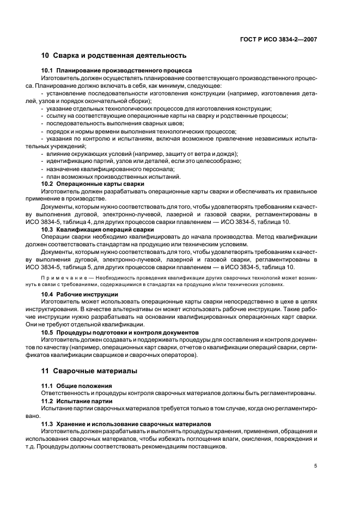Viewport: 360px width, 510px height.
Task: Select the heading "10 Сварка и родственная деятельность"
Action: (x=114, y=56)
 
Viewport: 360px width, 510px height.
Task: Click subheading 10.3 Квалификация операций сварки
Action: (x=97, y=230)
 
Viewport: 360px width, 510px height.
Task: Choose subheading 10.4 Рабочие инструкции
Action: (x=80, y=294)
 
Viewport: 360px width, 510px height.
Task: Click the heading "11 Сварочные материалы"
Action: (x=89, y=371)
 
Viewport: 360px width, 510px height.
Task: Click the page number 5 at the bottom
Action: (x=315, y=466)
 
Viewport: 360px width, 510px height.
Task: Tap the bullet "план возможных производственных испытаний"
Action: (x=113, y=177)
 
